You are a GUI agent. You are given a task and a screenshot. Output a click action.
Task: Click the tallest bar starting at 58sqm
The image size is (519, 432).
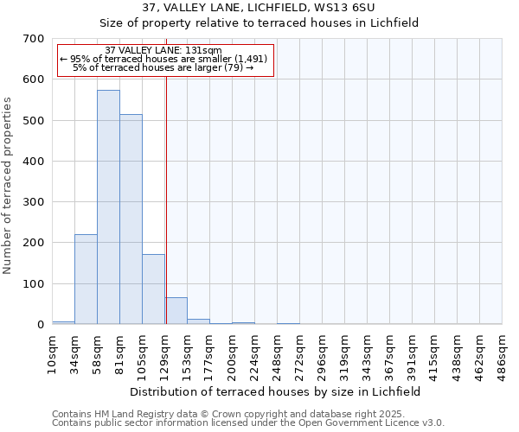pyautogui.click(x=108, y=207)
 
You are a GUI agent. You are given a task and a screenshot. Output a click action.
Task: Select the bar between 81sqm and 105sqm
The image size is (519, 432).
pyautogui.click(x=131, y=219)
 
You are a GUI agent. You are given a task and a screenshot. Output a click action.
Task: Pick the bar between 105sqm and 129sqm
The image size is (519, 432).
pyautogui.click(x=153, y=289)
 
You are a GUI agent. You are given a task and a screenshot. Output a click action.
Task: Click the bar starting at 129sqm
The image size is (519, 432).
pyautogui.click(x=176, y=311)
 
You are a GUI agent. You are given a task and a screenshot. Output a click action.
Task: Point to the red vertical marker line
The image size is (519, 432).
pyautogui.click(x=166, y=199)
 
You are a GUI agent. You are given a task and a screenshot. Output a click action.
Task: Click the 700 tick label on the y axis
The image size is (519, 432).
pyautogui.click(x=34, y=39)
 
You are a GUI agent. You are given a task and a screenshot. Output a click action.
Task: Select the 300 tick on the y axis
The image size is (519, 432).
pyautogui.click(x=34, y=202)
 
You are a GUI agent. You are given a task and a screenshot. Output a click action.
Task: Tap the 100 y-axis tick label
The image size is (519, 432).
pyautogui.click(x=34, y=284)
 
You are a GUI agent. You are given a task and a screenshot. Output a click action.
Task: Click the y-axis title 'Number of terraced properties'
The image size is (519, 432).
pyautogui.click(x=9, y=185)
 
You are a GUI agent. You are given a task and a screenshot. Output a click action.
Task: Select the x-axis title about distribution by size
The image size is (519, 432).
pyautogui.click(x=276, y=391)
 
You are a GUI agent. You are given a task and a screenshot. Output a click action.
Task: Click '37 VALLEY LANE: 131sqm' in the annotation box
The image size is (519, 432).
pyautogui.click(x=163, y=50)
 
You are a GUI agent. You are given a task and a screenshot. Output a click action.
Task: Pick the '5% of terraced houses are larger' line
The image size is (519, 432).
pyautogui.click(x=163, y=67)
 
